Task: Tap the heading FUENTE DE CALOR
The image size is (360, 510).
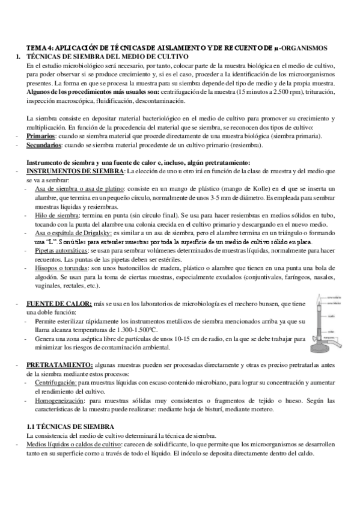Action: point(59,306)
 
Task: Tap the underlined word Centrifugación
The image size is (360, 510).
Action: point(55,382)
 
